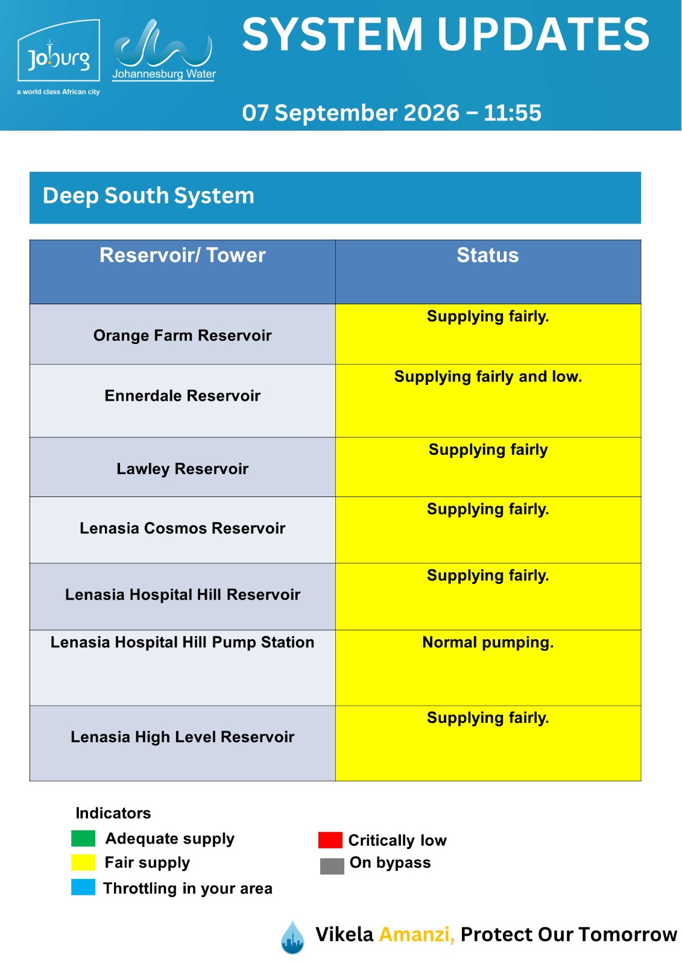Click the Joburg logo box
tap(58, 50)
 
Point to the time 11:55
tap(512, 113)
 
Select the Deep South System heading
tap(148, 196)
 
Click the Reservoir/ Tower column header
tap(182, 255)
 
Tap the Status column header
tap(487, 255)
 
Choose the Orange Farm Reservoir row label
tap(182, 335)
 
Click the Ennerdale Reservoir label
tap(182, 395)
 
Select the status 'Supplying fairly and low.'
tap(488, 377)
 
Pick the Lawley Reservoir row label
tap(182, 469)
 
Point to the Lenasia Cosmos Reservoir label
tap(182, 528)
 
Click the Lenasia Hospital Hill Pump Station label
tap(182, 642)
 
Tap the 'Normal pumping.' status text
tap(488, 642)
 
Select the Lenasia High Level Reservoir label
tap(182, 737)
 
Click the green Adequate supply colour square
tap(83, 838)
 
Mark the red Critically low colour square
tap(330, 840)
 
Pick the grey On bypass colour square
tap(332, 866)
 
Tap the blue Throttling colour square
tap(83, 887)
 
